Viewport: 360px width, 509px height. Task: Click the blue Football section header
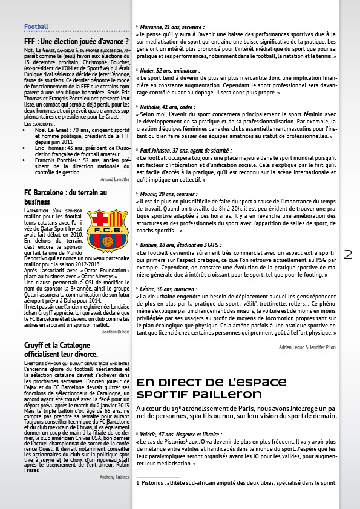pyautogui.click(x=36, y=27)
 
